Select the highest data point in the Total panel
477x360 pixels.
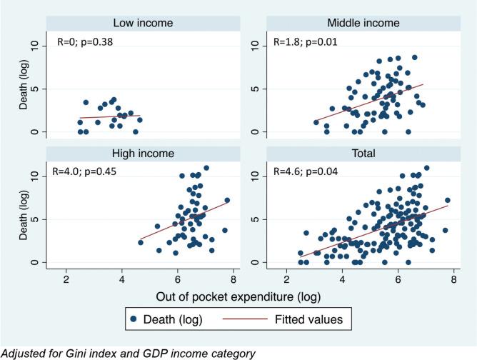coord(426,168)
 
